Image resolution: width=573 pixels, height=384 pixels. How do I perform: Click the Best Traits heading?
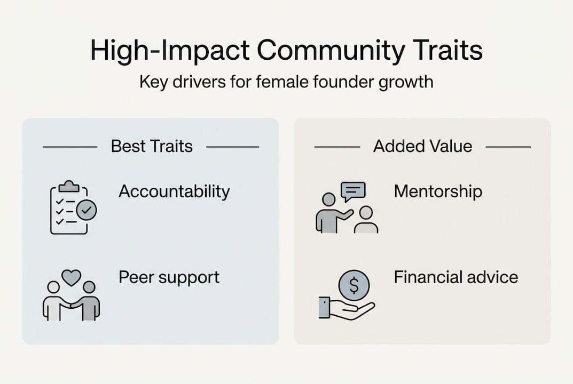(x=152, y=147)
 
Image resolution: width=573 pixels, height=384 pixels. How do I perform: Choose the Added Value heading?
(x=422, y=147)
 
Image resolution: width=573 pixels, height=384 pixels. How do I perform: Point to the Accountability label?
(x=174, y=191)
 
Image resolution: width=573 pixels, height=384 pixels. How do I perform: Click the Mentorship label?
(x=438, y=191)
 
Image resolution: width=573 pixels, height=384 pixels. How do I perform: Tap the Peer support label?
(x=169, y=277)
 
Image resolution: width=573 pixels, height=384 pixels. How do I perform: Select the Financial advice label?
(x=456, y=277)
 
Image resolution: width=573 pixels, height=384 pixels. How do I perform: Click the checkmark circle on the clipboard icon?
(x=87, y=211)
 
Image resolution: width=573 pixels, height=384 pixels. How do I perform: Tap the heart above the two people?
(x=72, y=277)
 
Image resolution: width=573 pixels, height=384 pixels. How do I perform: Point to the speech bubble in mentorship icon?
(x=353, y=191)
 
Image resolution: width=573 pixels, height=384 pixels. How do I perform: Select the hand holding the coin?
(x=347, y=309)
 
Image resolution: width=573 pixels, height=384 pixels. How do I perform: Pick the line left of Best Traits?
(x=69, y=147)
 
